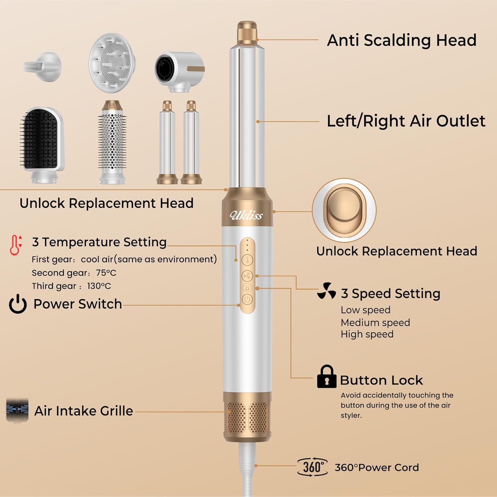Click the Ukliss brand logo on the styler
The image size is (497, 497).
tap(246, 215)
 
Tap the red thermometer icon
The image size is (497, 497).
tap(15, 245)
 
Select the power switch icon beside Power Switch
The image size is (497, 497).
tap(18, 304)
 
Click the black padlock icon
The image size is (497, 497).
tap(326, 376)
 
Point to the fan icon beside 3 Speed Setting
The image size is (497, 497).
tap(327, 291)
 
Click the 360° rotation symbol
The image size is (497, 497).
tap(312, 467)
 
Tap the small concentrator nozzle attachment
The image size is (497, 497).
tap(42, 66)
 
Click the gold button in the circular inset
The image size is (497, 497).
tap(344, 210)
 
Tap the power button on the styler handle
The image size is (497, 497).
tap(247, 300)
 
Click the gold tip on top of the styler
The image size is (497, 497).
tap(247, 32)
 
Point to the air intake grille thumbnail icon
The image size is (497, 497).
tap(17, 410)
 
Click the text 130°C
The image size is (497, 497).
tap(99, 286)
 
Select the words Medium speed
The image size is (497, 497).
tap(375, 322)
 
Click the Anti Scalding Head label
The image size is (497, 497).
tap(402, 40)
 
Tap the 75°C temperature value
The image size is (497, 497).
tap(106, 273)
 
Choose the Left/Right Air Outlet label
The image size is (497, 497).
tap(406, 121)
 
